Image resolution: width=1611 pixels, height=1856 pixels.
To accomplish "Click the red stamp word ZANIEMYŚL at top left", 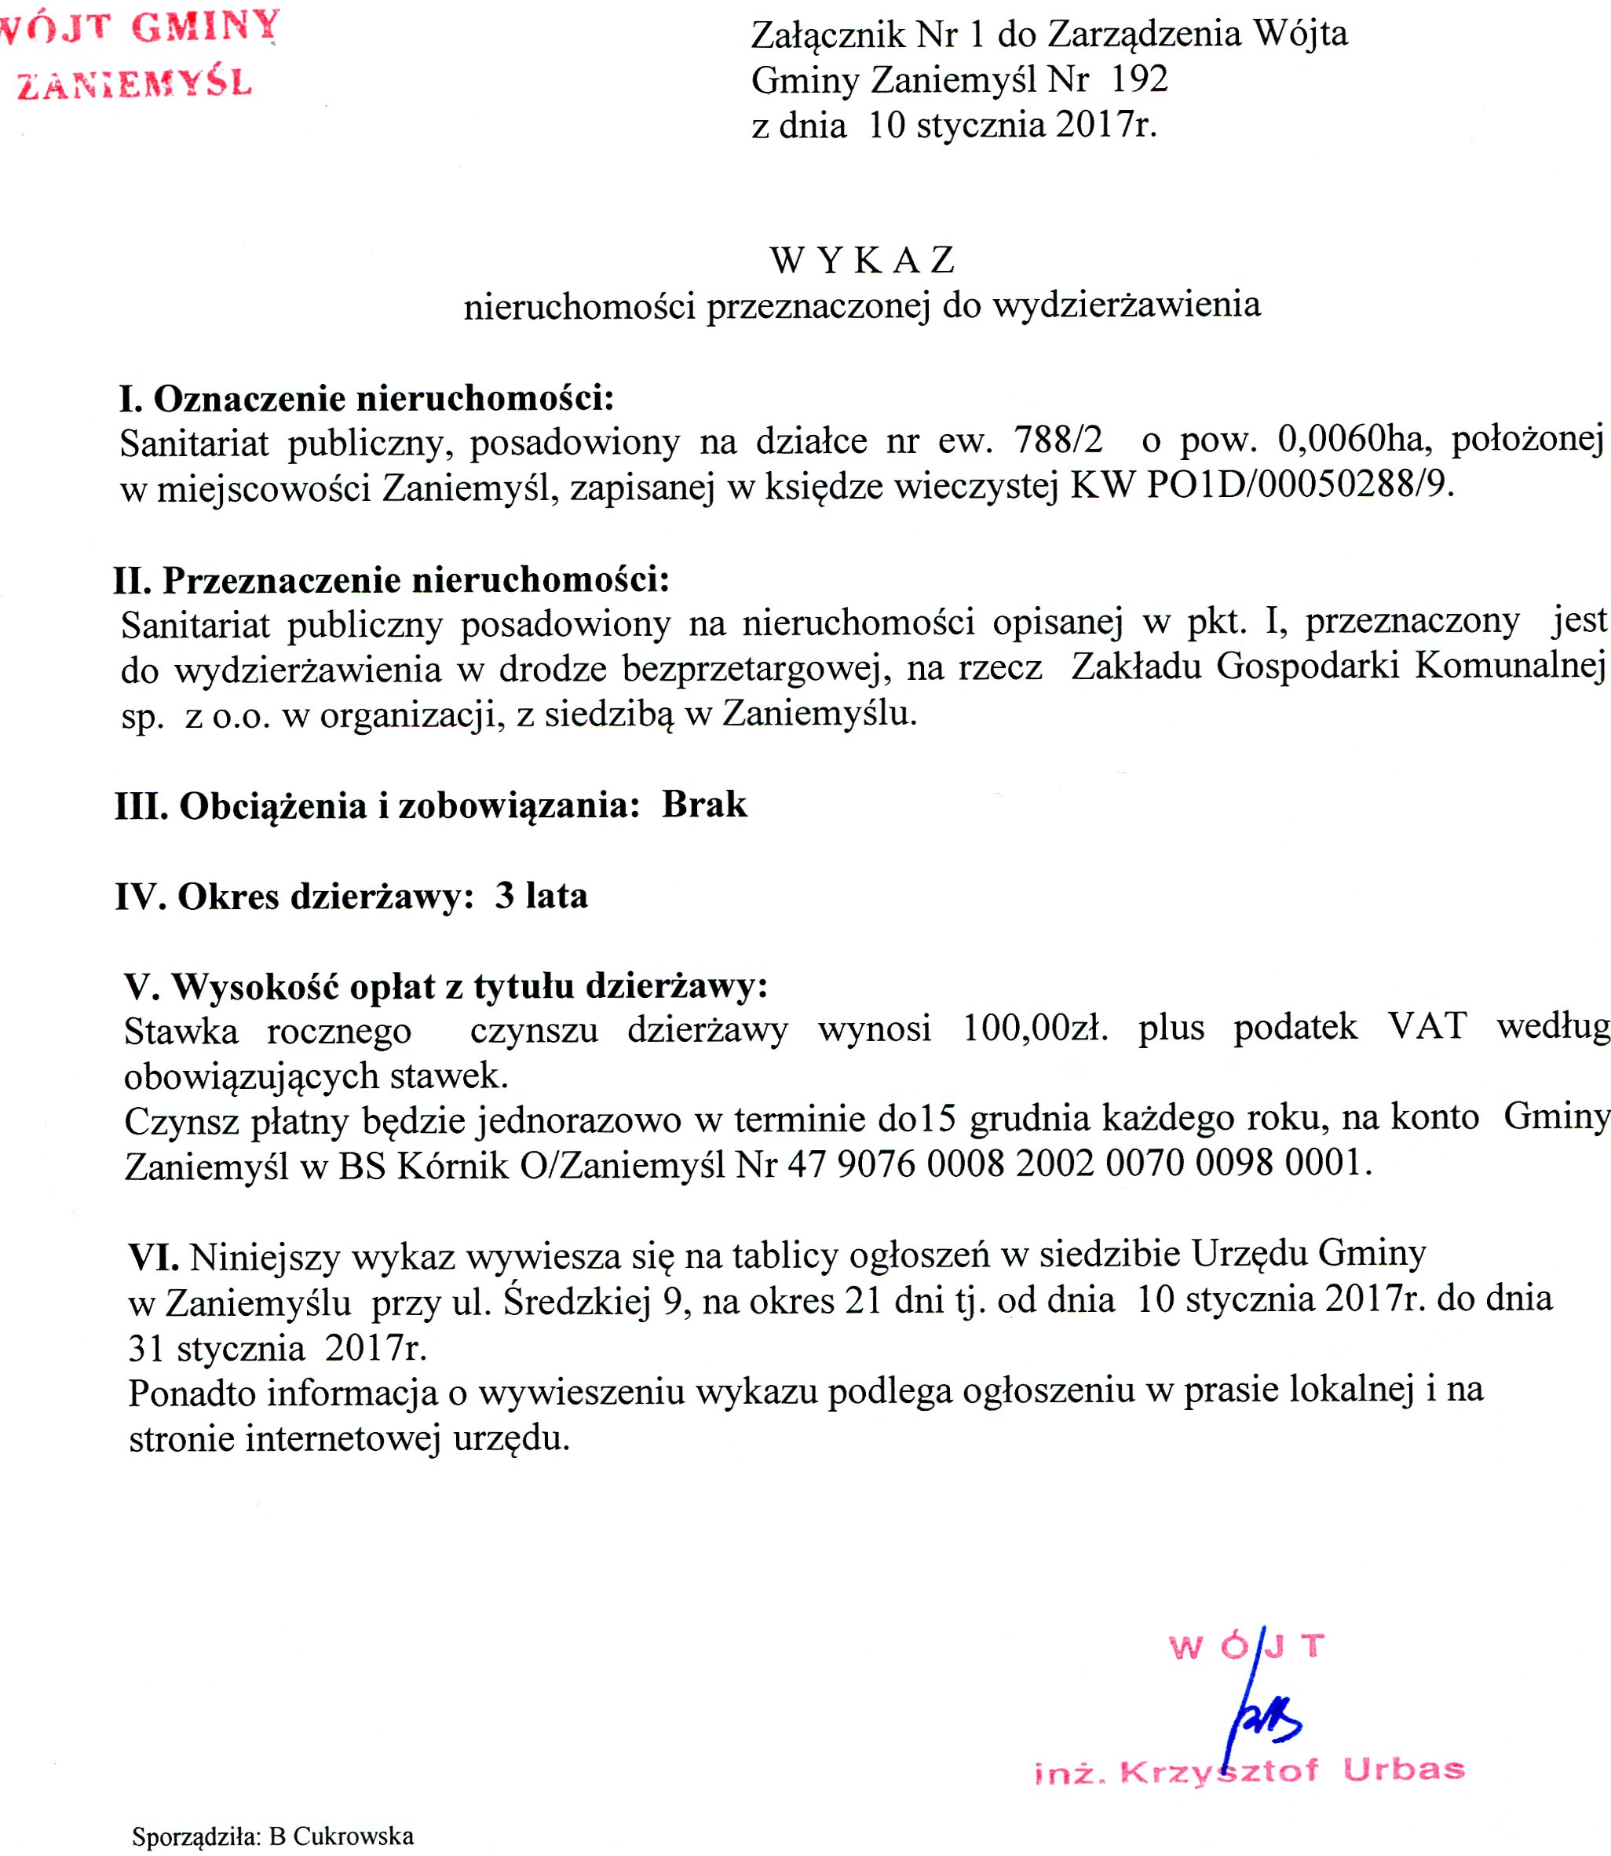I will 135,83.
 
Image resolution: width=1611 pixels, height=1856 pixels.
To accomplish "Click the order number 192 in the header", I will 1139,80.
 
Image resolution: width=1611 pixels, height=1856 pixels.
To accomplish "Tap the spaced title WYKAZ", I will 862,261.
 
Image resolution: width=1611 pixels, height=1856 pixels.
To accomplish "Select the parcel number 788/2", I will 1058,440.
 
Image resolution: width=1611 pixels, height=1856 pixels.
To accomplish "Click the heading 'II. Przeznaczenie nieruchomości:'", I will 392,581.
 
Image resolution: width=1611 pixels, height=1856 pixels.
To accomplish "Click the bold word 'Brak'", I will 704,805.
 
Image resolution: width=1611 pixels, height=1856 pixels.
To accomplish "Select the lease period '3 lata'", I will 541,896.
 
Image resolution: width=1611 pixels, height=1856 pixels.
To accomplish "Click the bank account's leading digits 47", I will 806,1165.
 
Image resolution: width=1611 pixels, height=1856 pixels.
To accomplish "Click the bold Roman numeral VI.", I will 154,1256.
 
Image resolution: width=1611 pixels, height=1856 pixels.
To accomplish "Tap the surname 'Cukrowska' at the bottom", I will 353,1836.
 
